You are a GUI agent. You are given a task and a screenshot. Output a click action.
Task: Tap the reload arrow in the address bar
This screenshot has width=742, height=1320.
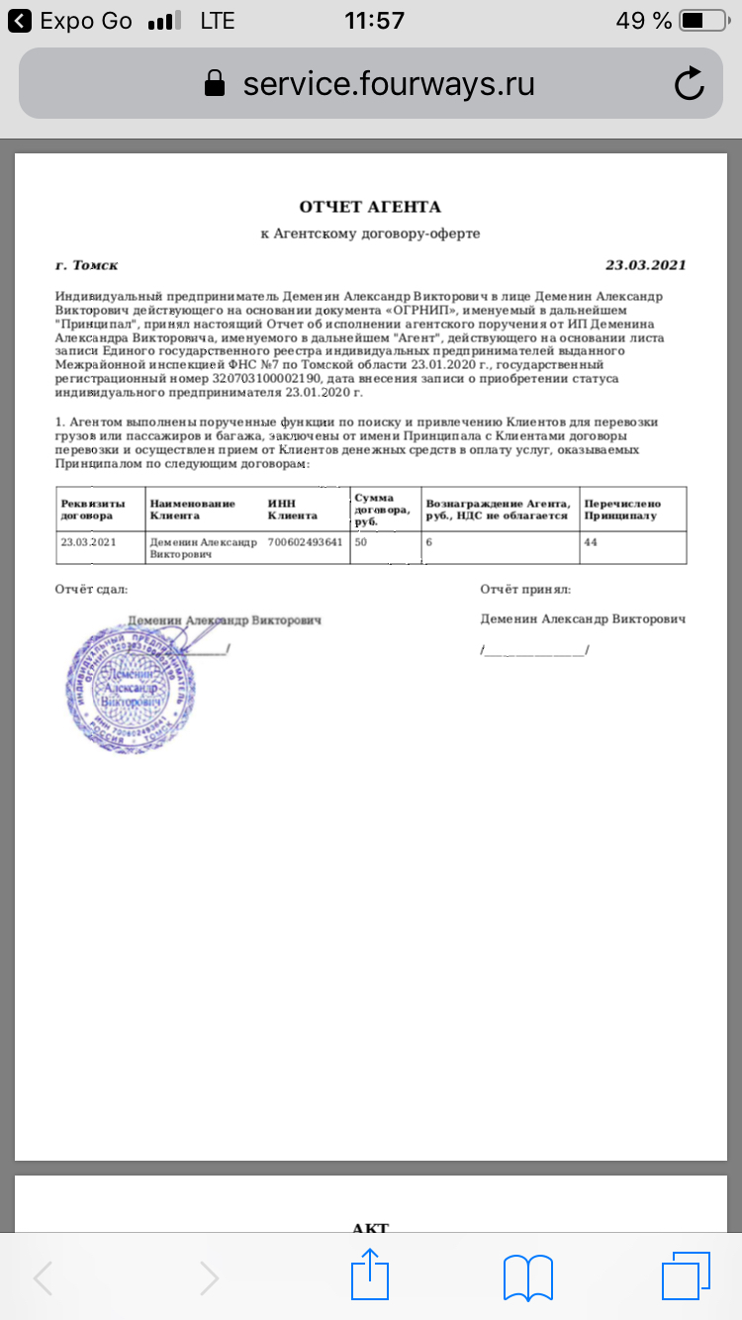point(689,84)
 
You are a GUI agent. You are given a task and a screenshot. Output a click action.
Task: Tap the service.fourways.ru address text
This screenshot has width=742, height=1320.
point(389,83)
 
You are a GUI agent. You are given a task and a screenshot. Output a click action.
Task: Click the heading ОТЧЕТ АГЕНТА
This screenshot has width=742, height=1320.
point(370,207)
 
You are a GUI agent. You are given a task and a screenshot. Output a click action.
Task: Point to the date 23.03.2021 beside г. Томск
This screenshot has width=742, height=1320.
point(645,265)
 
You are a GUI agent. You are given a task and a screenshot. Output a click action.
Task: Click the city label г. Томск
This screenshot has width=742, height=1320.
point(87,265)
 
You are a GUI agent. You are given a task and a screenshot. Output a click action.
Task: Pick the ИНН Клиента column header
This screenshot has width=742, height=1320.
point(293,509)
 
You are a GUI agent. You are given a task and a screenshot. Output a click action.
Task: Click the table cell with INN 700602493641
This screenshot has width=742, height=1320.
point(306,542)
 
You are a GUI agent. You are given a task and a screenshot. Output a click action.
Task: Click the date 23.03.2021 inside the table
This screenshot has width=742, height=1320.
point(88,542)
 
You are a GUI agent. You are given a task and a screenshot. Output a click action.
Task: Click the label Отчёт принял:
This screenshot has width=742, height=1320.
point(525,590)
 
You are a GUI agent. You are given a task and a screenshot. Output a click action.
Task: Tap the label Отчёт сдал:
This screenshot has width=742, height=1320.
point(91,590)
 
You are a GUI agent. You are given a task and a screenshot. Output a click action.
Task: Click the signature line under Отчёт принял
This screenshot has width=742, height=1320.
point(534,651)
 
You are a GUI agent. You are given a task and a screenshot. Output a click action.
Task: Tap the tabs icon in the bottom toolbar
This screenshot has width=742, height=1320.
point(686,1275)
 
